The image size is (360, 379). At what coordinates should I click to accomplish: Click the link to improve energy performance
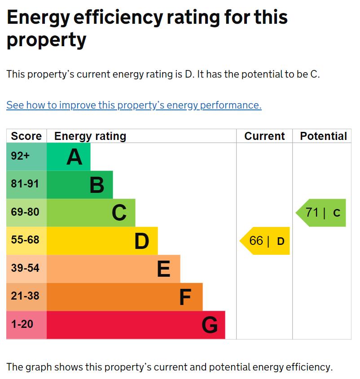(134, 105)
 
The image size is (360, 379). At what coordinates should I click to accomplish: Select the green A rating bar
(69, 157)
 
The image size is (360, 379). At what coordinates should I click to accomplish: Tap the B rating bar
(80, 185)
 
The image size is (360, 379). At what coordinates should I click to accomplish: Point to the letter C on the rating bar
(119, 213)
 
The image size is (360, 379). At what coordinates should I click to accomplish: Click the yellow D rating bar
(102, 241)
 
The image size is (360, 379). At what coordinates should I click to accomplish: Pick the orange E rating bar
(114, 269)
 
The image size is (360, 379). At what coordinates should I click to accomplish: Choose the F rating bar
(125, 297)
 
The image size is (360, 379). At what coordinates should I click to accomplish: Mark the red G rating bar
(136, 325)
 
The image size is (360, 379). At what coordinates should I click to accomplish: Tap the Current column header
(264, 136)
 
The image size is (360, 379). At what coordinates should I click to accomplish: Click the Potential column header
(323, 136)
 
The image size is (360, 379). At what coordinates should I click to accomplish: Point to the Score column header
(26, 136)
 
